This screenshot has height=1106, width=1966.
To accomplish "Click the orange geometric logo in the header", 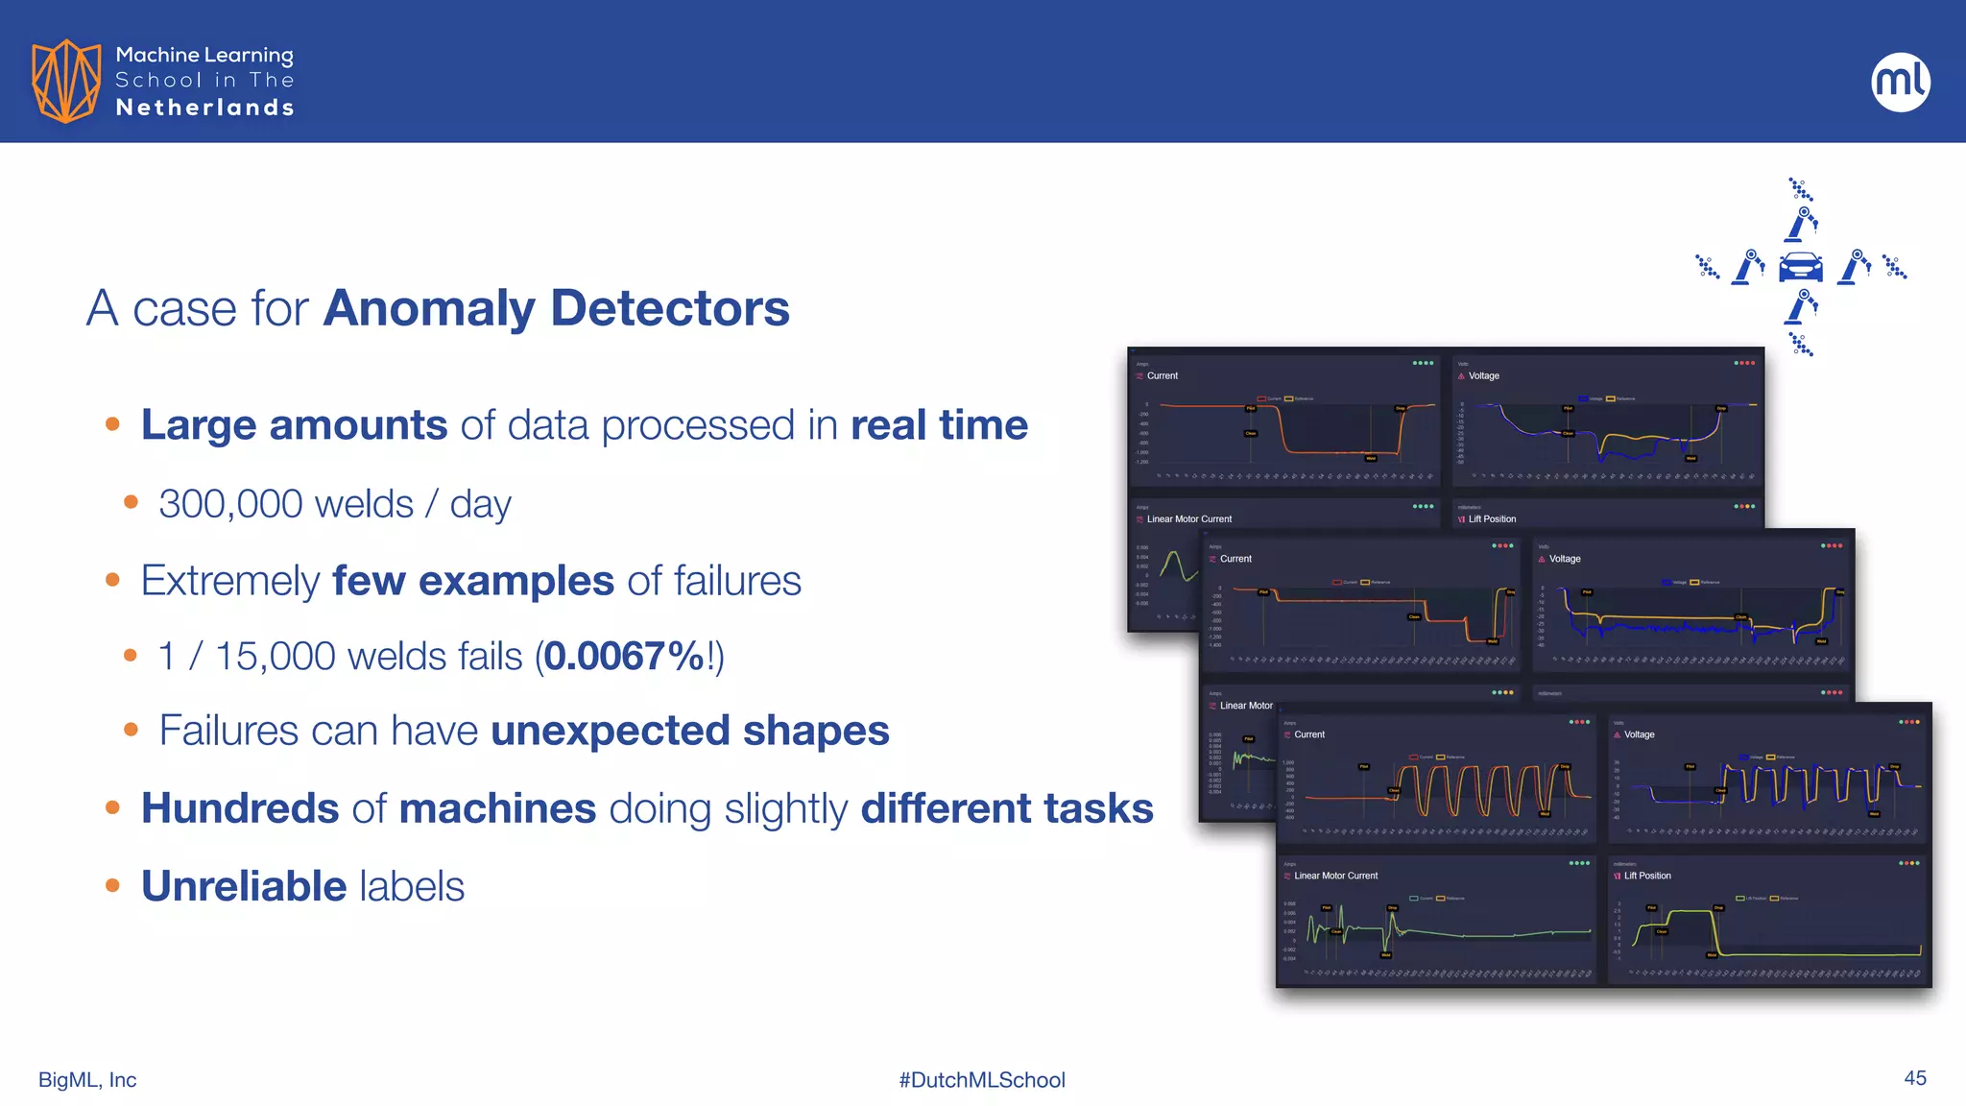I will point(66,81).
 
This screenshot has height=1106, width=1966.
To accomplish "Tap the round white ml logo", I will point(1900,82).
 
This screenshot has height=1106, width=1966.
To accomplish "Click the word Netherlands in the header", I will point(204,108).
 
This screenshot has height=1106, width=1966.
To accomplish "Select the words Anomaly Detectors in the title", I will point(556,308).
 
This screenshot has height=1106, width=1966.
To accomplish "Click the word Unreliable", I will point(243,886).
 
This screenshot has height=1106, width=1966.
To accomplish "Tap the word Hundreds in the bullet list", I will point(240,808).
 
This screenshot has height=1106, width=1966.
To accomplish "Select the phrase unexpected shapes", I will point(689,731).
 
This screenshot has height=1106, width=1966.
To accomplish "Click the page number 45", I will point(1914,1078).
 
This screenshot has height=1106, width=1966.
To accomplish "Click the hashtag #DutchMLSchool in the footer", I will point(981,1080).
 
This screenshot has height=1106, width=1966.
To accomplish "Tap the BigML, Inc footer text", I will point(87,1080).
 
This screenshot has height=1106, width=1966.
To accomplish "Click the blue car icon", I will point(1800,267).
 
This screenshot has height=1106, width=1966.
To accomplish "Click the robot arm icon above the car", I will point(1802,224).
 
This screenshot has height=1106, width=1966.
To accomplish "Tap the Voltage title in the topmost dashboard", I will point(1483,376).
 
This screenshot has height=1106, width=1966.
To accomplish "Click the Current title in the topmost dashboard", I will point(1162,376).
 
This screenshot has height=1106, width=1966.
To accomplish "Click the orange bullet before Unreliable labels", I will point(112,886).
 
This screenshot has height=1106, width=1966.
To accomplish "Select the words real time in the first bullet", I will point(938,425).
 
